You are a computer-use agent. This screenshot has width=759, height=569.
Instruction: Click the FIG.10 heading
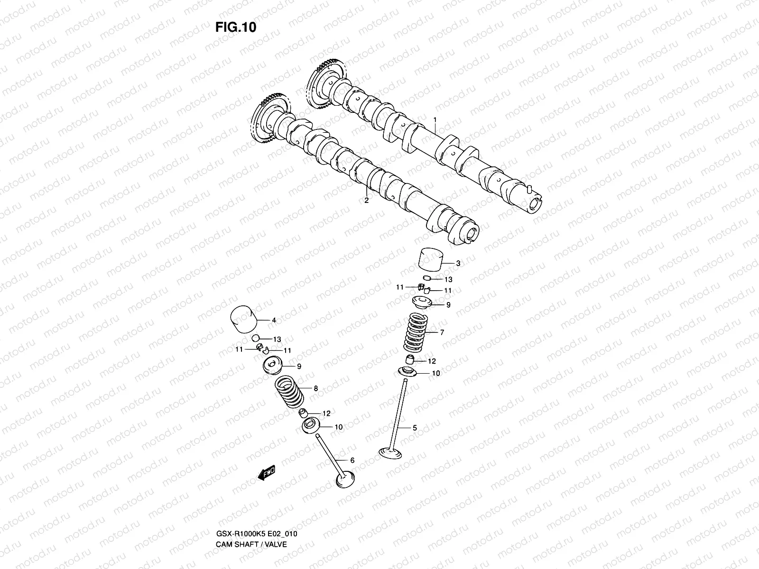tap(236, 27)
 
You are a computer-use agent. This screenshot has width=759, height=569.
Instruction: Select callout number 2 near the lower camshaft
tap(366, 200)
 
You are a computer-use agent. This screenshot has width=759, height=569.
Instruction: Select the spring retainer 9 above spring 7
tap(421, 302)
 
